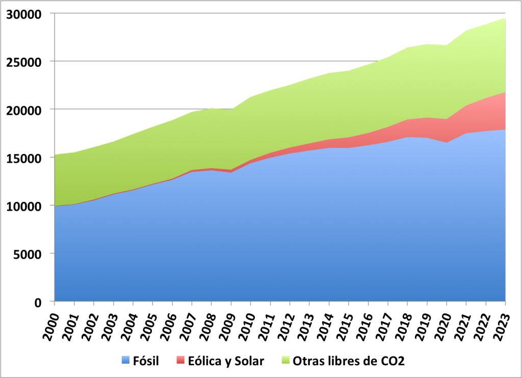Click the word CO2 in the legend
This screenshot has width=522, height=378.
coord(394,362)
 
